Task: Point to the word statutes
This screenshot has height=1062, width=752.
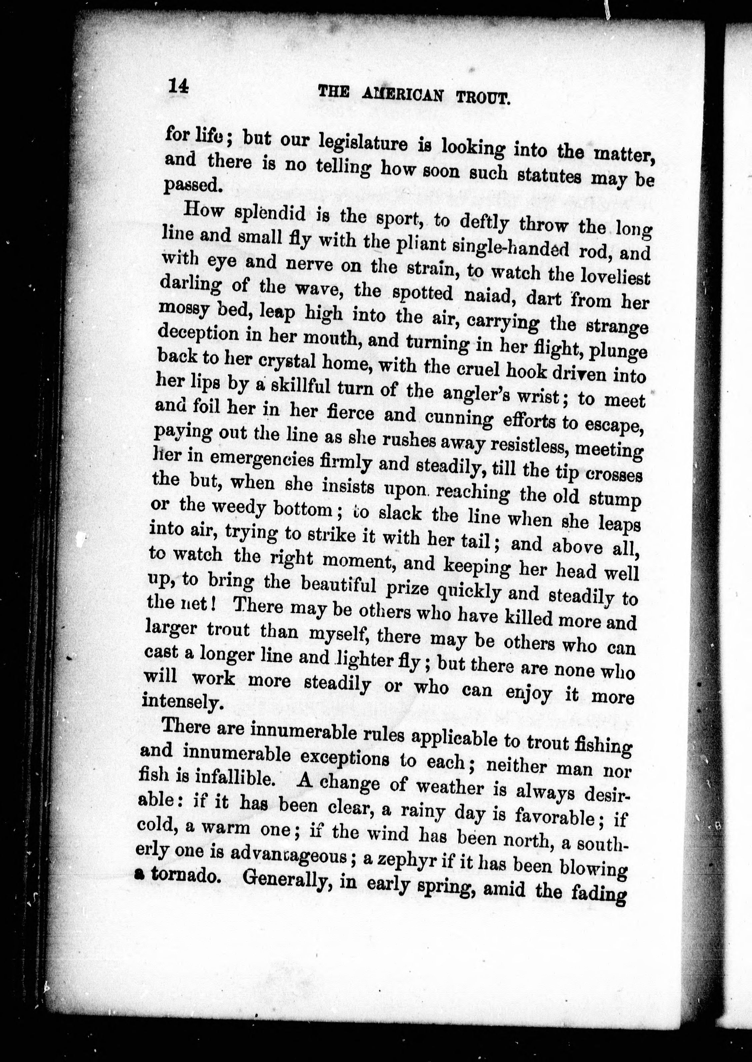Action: click(x=551, y=178)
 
